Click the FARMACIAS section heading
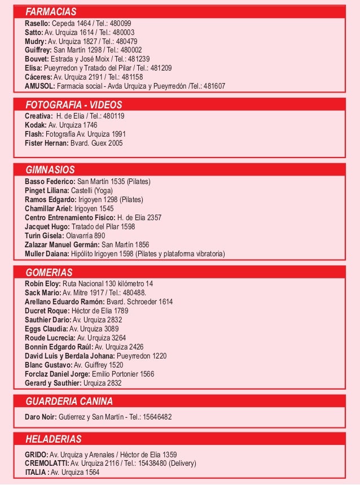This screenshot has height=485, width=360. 51,12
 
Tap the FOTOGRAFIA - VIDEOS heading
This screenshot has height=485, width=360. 74,105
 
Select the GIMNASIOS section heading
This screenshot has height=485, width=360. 50,169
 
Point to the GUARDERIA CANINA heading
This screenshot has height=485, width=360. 69,401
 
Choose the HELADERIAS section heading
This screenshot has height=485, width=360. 54,439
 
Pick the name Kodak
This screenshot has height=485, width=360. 36,125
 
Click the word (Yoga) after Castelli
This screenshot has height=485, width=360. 103,191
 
